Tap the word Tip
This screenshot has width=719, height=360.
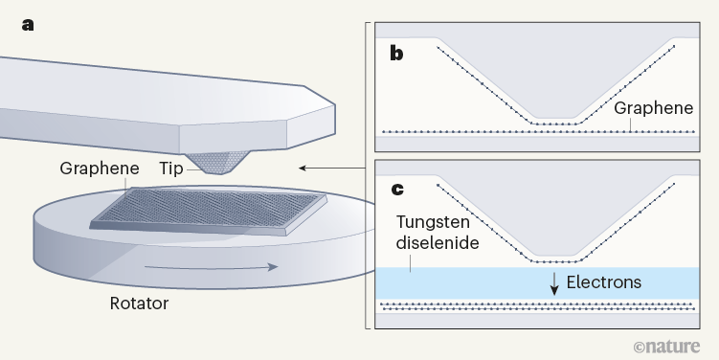click(172, 168)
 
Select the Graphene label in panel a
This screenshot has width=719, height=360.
click(97, 168)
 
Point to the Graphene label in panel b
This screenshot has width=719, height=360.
click(654, 108)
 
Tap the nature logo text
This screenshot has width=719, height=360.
click(678, 343)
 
